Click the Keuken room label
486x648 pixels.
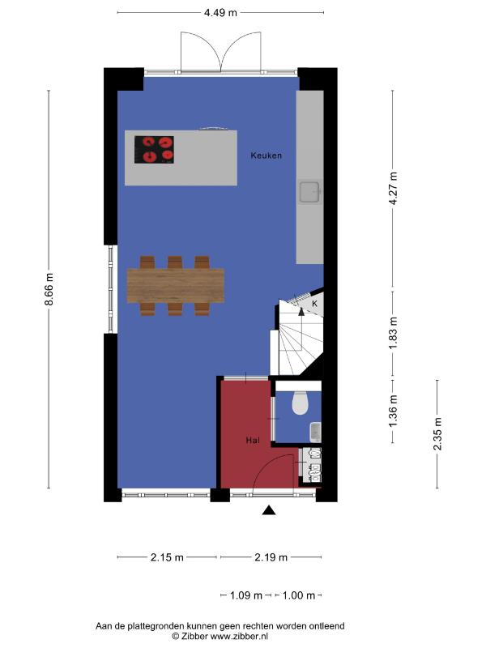tap(266, 156)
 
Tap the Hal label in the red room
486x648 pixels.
tap(253, 441)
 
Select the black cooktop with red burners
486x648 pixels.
tap(154, 150)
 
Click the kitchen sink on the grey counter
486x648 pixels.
tap(310, 193)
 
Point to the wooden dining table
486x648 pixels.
tap(176, 286)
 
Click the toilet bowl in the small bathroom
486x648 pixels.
tap(301, 403)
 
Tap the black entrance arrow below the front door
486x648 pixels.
tap(269, 510)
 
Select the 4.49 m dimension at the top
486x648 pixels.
tap(220, 13)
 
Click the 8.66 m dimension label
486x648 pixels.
tap(49, 289)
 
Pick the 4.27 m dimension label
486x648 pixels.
tap(393, 189)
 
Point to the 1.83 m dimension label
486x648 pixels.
tap(393, 333)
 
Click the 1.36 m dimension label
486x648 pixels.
tap(393, 411)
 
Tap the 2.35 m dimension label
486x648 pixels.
tap(437, 434)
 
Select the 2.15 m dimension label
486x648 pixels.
tap(167, 557)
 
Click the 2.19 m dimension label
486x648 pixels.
tap(271, 557)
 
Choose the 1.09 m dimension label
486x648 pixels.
tap(246, 595)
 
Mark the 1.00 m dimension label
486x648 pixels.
tap(298, 595)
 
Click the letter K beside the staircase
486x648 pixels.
tap(314, 304)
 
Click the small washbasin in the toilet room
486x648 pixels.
tap(315, 432)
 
